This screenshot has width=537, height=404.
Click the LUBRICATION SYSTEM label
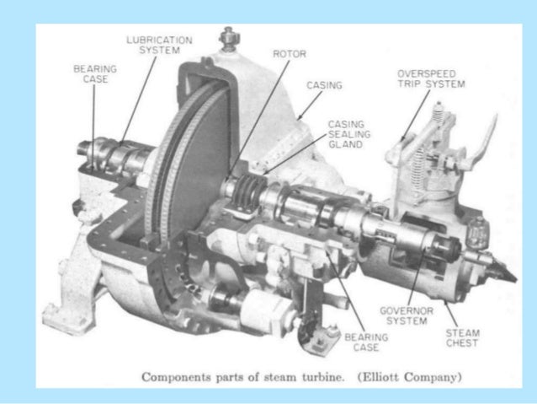coord(159,44)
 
